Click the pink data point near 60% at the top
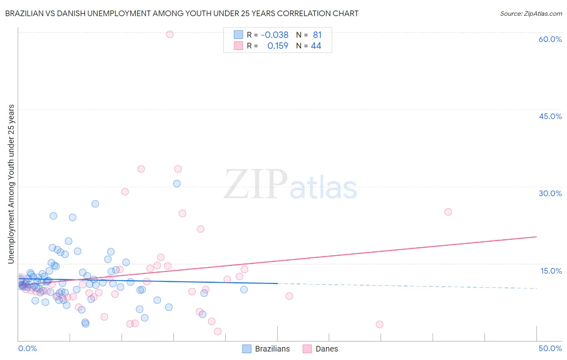[170, 34]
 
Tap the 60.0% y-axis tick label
[550, 39]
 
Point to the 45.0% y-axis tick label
[550, 116]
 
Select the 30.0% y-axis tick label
[550, 193]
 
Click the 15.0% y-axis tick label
[551, 270]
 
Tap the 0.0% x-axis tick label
[27, 348]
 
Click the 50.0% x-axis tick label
[550, 348]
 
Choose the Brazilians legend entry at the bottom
[266, 349]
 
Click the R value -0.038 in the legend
[275, 35]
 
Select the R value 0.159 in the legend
[278, 46]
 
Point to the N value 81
[317, 35]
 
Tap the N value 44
[316, 46]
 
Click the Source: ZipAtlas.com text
[531, 13]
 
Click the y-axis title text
[11, 184]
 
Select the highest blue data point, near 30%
[177, 184]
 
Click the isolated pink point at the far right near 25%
[448, 212]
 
